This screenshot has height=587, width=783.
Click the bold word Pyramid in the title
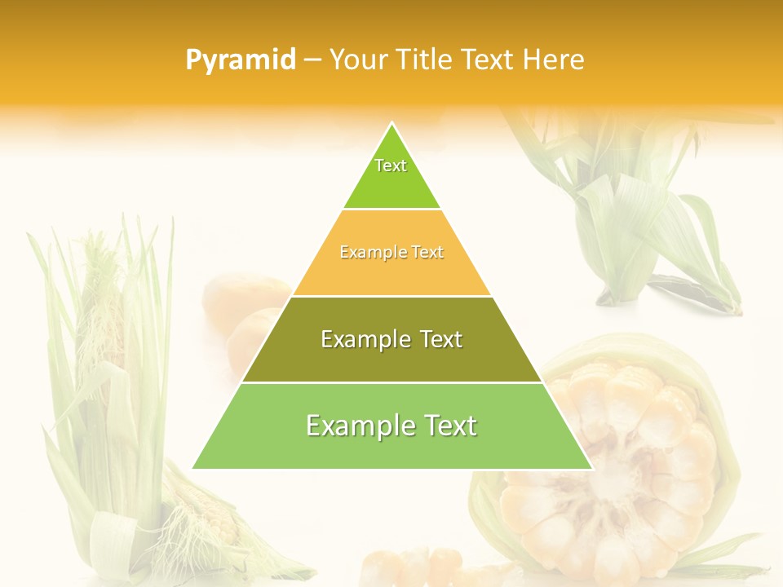click(241, 60)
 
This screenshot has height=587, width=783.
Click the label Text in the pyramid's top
click(391, 166)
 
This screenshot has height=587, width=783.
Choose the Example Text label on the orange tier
click(391, 253)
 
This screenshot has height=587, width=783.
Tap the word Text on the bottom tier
click(447, 426)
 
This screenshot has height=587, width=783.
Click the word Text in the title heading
click(489, 60)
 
